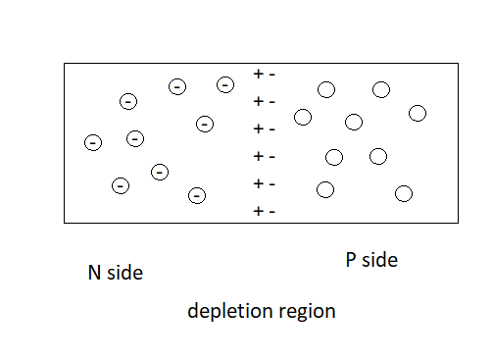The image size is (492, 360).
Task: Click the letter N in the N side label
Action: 95,273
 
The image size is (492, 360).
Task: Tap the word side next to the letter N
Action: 124,273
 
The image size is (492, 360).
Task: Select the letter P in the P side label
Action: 351,260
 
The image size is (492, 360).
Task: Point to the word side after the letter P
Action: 379,260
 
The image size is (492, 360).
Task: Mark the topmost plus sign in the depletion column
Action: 258,74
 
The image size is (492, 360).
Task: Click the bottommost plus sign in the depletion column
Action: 258,211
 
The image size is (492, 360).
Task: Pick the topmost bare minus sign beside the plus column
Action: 271,74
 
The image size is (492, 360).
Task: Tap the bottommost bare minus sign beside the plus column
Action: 271,211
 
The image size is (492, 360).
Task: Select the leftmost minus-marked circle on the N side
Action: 92,142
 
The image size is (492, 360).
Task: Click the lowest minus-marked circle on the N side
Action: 197,195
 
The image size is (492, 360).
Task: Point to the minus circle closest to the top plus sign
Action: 225,85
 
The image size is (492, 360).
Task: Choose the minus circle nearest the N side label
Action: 121,184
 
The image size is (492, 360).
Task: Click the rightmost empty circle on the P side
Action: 418,113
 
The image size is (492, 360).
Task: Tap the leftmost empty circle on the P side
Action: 302,117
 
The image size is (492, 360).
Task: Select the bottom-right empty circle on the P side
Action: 403,193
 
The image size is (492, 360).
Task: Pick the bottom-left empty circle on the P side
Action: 325,189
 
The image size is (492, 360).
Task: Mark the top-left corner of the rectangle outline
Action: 65,64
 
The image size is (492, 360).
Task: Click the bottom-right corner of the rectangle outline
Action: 459,222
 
